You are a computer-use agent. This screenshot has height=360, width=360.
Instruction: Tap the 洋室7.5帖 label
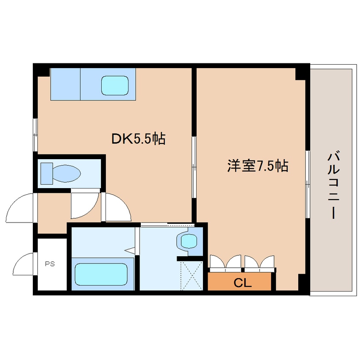[257, 166]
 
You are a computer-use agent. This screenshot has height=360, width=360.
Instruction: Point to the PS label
[50, 264]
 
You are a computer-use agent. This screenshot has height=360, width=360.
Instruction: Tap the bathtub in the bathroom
[101, 274]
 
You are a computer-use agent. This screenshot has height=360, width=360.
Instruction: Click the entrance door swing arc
[20, 207]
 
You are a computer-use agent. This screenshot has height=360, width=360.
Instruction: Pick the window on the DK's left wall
[36, 135]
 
